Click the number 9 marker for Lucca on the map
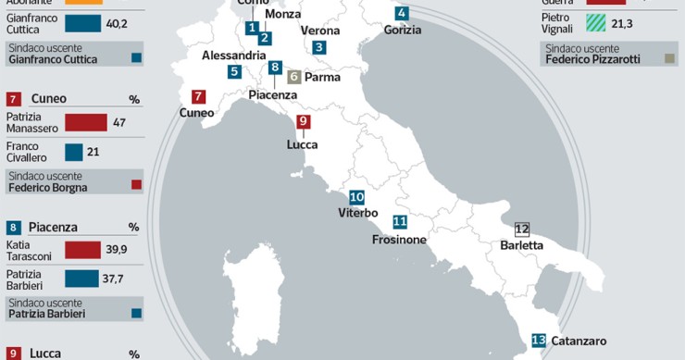(x=303, y=122)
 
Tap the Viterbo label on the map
(x=357, y=213)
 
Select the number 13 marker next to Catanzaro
(x=539, y=341)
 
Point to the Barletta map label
(x=521, y=245)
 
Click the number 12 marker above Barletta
(x=521, y=229)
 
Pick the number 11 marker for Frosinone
(x=400, y=221)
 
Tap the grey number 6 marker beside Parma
(x=294, y=78)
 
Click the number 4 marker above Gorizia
(x=401, y=13)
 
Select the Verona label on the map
(x=320, y=31)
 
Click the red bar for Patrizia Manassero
(x=85, y=122)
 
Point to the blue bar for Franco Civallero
(x=74, y=152)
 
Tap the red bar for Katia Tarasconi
(x=82, y=249)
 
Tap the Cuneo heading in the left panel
(x=48, y=98)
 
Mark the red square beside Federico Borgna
(x=137, y=185)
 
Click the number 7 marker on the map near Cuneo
(x=198, y=96)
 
